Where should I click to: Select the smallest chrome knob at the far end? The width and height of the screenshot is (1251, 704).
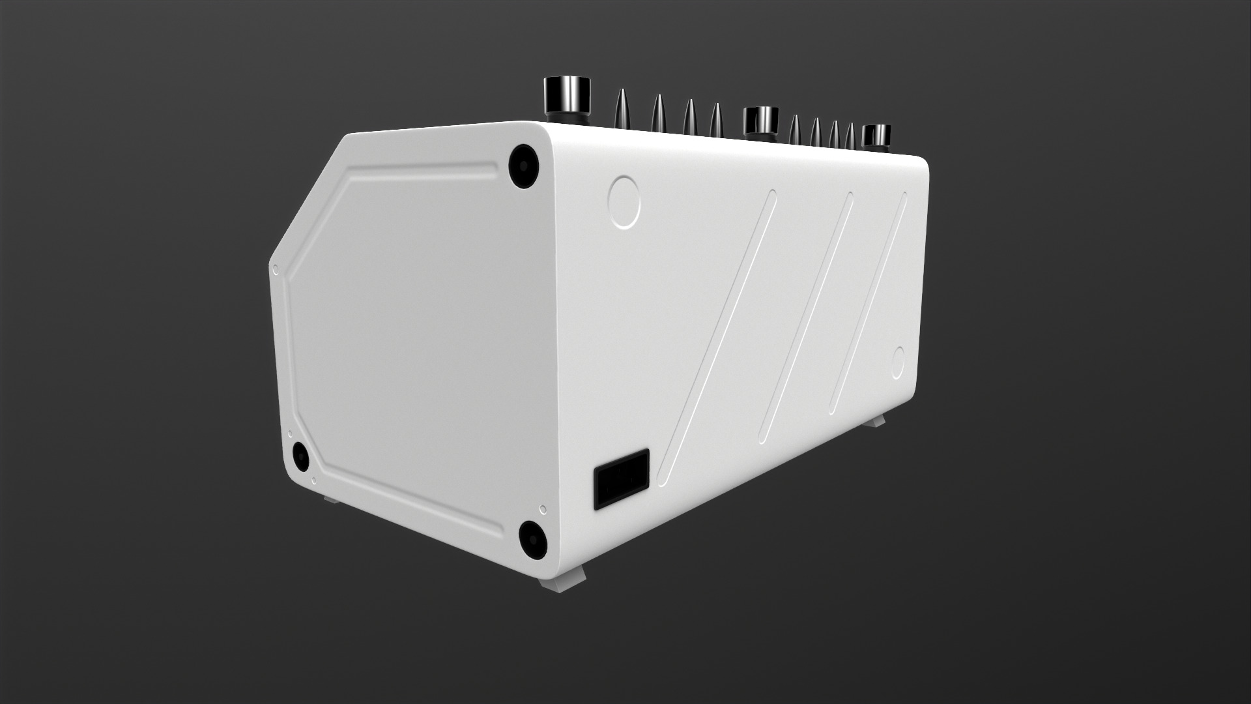coord(876,135)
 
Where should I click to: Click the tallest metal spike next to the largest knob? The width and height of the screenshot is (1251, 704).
coord(620,107)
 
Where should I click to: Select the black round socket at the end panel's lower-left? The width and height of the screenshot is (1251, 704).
coord(300,456)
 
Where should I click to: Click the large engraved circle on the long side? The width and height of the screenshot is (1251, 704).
coord(624,201)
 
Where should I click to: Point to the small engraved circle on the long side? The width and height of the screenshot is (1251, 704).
coord(898,364)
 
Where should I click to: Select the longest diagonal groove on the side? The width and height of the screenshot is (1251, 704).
coord(716,332)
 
